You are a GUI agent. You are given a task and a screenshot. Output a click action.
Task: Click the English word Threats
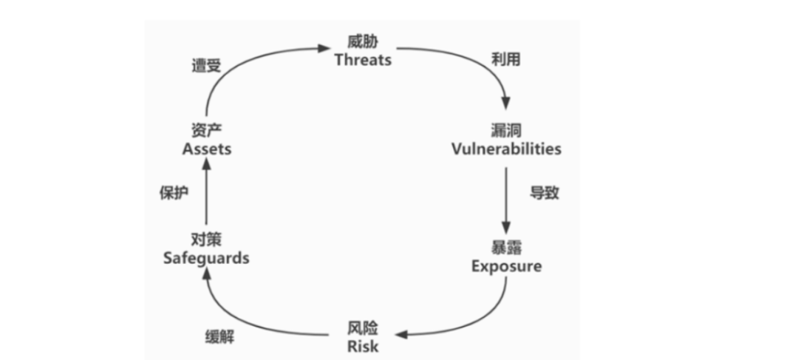point(362,60)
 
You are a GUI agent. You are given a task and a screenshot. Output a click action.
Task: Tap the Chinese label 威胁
point(362,41)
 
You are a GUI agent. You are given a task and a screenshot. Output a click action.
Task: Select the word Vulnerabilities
point(506,149)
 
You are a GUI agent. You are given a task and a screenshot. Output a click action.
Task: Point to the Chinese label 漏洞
point(506,130)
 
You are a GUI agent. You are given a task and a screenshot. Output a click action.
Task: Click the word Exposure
point(506,265)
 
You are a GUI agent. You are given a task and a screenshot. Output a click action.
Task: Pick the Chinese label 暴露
point(506,247)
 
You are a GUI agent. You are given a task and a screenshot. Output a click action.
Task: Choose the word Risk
point(363,346)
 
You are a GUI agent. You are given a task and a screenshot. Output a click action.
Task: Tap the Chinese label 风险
point(363,327)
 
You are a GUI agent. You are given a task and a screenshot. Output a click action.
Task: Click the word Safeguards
point(205,258)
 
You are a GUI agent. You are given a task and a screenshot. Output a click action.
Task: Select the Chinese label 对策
point(206,240)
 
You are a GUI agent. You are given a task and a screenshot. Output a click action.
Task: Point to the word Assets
point(207,149)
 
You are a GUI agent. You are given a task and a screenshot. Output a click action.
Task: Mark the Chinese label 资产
point(207,130)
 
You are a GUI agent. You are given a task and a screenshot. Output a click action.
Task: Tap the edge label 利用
point(506,60)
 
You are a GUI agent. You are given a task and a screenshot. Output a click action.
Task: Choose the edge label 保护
point(174,193)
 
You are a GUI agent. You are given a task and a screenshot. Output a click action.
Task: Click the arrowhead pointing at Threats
point(324,49)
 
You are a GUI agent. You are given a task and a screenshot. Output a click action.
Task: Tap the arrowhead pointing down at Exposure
point(506,228)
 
